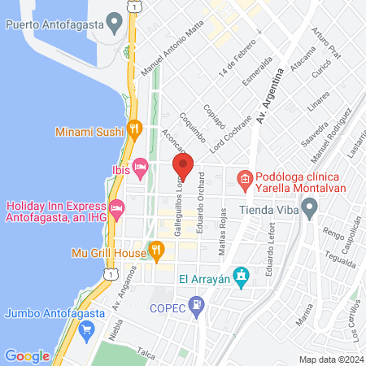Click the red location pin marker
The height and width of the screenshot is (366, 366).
click(183, 167)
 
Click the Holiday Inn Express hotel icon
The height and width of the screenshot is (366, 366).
click(115, 208)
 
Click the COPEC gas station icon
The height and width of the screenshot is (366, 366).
click(196, 307)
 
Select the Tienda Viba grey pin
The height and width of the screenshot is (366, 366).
click(310, 211)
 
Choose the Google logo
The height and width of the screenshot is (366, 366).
click(27, 355)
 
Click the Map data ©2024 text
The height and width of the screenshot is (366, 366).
click(330, 359)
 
